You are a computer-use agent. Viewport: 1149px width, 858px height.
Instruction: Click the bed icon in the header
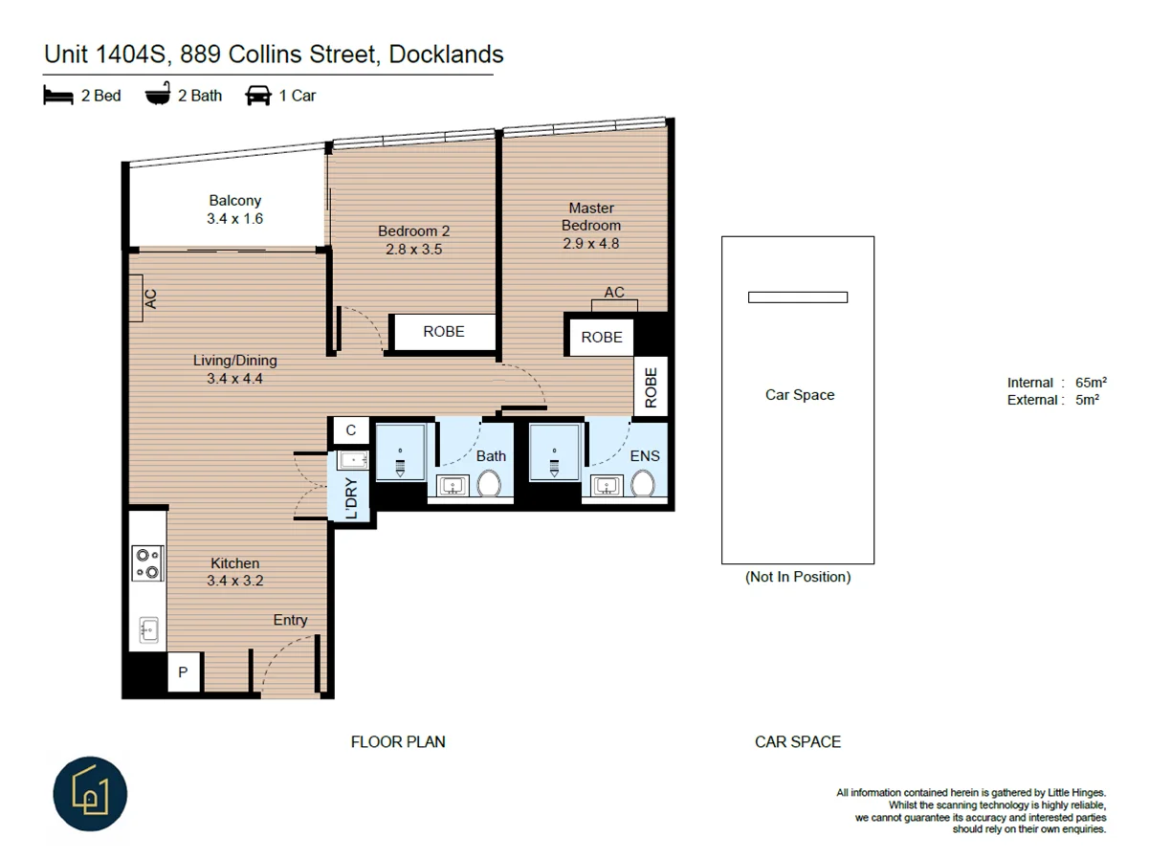pyautogui.click(x=58, y=96)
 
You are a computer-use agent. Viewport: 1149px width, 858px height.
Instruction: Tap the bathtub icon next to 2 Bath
pyautogui.click(x=158, y=96)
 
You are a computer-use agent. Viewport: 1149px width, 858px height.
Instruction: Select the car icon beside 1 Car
pyautogui.click(x=258, y=96)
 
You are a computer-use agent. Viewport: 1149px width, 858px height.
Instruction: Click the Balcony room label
pyautogui.click(x=234, y=201)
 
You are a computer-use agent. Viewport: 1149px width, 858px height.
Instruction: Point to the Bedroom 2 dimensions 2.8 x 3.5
pyautogui.click(x=413, y=250)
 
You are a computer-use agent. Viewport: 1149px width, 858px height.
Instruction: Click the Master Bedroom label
pyautogui.click(x=591, y=216)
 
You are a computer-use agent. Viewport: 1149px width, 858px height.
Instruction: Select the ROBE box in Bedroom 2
pyautogui.click(x=443, y=332)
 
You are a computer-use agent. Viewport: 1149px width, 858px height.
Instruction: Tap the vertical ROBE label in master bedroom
pyautogui.click(x=652, y=387)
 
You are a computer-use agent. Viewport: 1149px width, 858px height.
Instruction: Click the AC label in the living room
pyautogui.click(x=150, y=298)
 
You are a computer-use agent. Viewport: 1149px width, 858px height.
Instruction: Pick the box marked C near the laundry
pyautogui.click(x=350, y=430)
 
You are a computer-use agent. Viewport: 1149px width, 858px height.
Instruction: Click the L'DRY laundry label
pyautogui.click(x=351, y=497)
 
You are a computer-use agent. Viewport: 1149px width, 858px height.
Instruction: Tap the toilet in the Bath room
pyautogui.click(x=489, y=484)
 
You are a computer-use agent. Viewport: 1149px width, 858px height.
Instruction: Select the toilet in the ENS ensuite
pyautogui.click(x=642, y=484)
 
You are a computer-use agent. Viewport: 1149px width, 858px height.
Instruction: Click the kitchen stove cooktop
pyautogui.click(x=147, y=562)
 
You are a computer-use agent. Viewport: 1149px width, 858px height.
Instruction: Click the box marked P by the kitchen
pyautogui.click(x=183, y=673)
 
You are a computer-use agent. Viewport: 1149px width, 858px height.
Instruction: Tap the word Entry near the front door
pyautogui.click(x=290, y=620)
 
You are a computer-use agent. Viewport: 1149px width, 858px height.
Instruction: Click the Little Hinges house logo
pyautogui.click(x=90, y=794)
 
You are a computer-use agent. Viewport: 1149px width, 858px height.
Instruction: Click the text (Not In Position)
pyautogui.click(x=797, y=577)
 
